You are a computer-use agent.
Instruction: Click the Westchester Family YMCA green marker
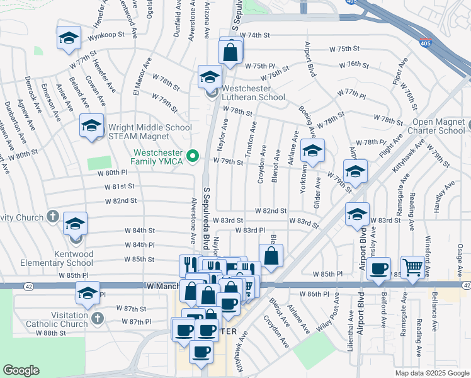[195, 155]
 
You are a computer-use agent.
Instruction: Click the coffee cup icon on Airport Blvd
[378, 269]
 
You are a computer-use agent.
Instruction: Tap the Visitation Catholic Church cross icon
[97, 318]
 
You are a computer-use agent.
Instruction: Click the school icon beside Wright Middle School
[91, 127]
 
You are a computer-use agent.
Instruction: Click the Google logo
[21, 370]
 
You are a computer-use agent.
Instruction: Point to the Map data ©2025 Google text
[431, 373]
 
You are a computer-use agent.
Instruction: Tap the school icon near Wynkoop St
[68, 38]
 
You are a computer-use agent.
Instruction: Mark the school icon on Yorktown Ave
[312, 151]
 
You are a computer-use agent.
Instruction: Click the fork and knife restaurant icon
[188, 265]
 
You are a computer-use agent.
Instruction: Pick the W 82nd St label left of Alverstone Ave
[121, 200]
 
